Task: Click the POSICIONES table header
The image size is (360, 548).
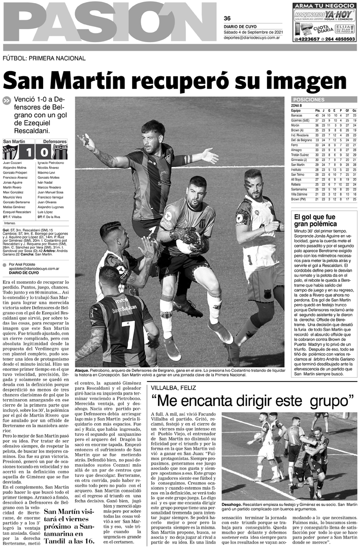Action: pos(309,100)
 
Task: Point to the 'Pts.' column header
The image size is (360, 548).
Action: pos(317,110)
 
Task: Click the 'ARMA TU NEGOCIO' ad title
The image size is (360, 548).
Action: pos(324,6)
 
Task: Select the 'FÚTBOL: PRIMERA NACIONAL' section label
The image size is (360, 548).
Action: pos(44,59)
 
